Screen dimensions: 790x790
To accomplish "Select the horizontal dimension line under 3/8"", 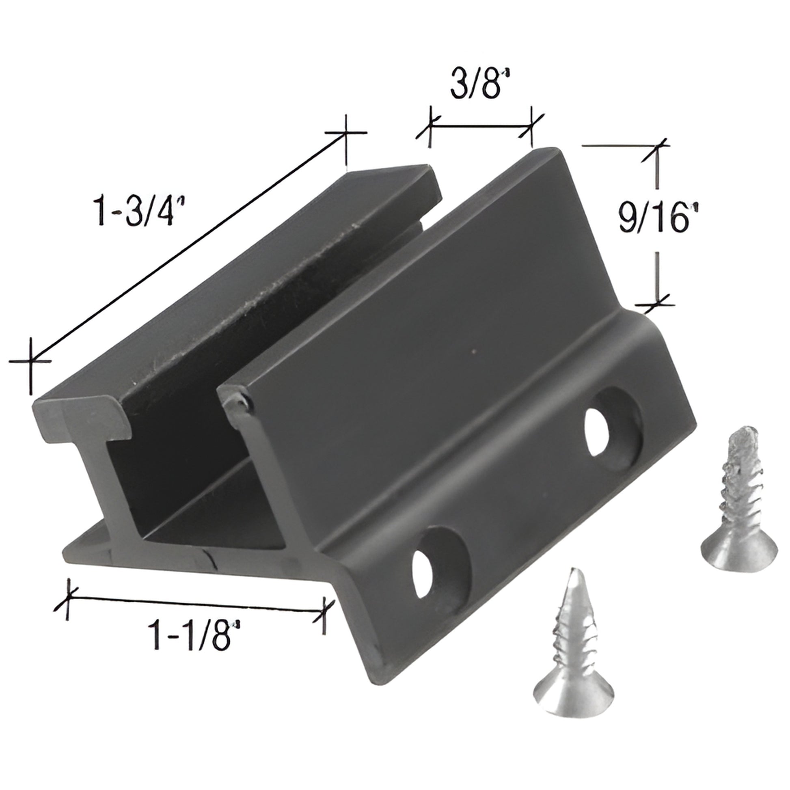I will click(481, 127).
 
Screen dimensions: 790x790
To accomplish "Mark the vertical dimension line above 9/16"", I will click(657, 172).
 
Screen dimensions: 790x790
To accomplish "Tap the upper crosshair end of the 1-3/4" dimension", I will click(346, 132).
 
